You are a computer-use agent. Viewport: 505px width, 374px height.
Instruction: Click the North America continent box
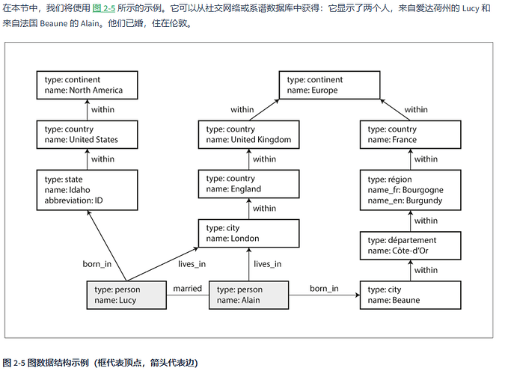[x=79, y=85]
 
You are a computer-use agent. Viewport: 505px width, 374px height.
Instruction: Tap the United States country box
[x=79, y=135]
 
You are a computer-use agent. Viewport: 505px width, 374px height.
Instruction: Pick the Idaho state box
[x=79, y=190]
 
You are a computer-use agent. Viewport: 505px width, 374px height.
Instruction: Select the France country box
[x=408, y=135]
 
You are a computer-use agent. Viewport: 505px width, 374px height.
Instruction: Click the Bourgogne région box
[x=408, y=190]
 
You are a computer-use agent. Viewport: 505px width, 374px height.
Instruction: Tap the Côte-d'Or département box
[x=408, y=245]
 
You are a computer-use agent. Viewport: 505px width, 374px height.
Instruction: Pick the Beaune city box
[x=408, y=295]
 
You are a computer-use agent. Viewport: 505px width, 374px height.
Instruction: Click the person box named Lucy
[x=124, y=295]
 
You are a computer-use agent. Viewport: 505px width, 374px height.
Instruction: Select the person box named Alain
[x=248, y=295]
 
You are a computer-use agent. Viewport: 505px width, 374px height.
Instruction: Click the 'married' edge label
[x=188, y=288]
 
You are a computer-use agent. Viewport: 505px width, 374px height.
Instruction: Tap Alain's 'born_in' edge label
[x=324, y=288]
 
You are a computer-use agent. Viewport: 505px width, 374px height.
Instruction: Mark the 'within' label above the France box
[x=416, y=110]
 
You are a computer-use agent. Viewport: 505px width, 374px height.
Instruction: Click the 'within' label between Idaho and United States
[x=102, y=159]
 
